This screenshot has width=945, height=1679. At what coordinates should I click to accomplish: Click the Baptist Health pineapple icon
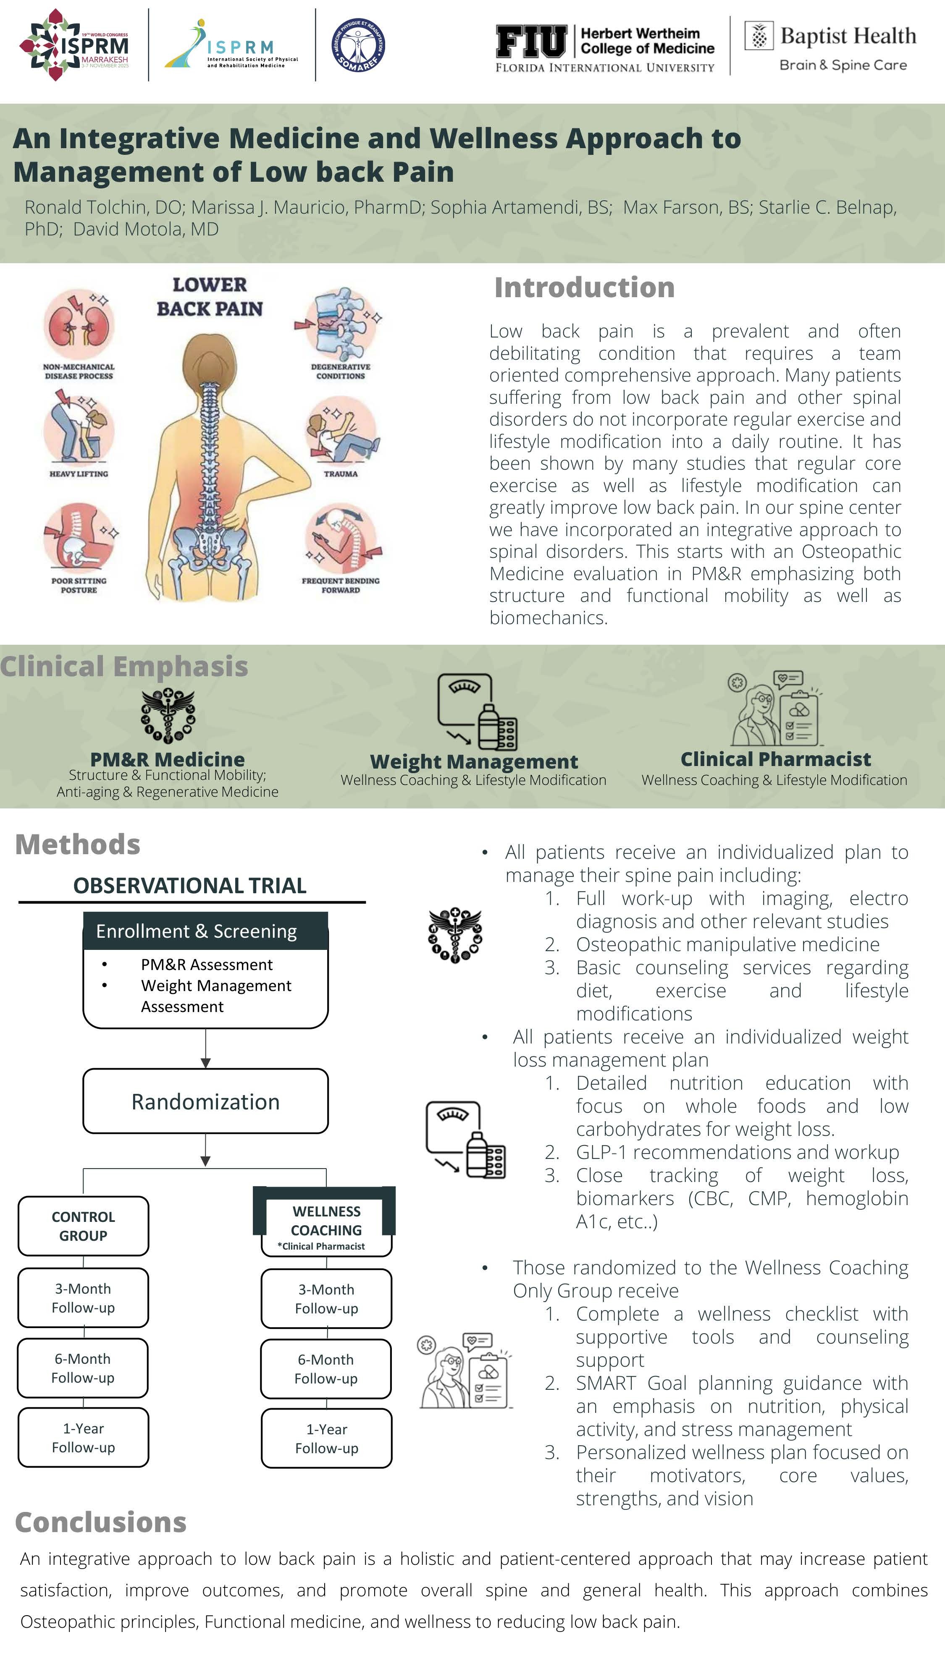(759, 36)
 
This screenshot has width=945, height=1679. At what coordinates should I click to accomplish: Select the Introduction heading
(584, 288)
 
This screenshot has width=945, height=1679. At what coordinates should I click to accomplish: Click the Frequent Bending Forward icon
(341, 539)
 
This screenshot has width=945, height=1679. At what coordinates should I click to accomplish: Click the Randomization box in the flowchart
(205, 1101)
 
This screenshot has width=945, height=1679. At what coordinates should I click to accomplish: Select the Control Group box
(84, 1226)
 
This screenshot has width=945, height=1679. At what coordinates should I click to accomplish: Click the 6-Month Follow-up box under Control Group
(83, 1368)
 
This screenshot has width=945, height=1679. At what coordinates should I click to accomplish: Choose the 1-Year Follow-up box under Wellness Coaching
(326, 1438)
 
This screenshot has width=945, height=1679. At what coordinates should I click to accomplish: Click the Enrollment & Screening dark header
(205, 931)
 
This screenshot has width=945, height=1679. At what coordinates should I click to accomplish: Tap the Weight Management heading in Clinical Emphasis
(473, 761)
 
